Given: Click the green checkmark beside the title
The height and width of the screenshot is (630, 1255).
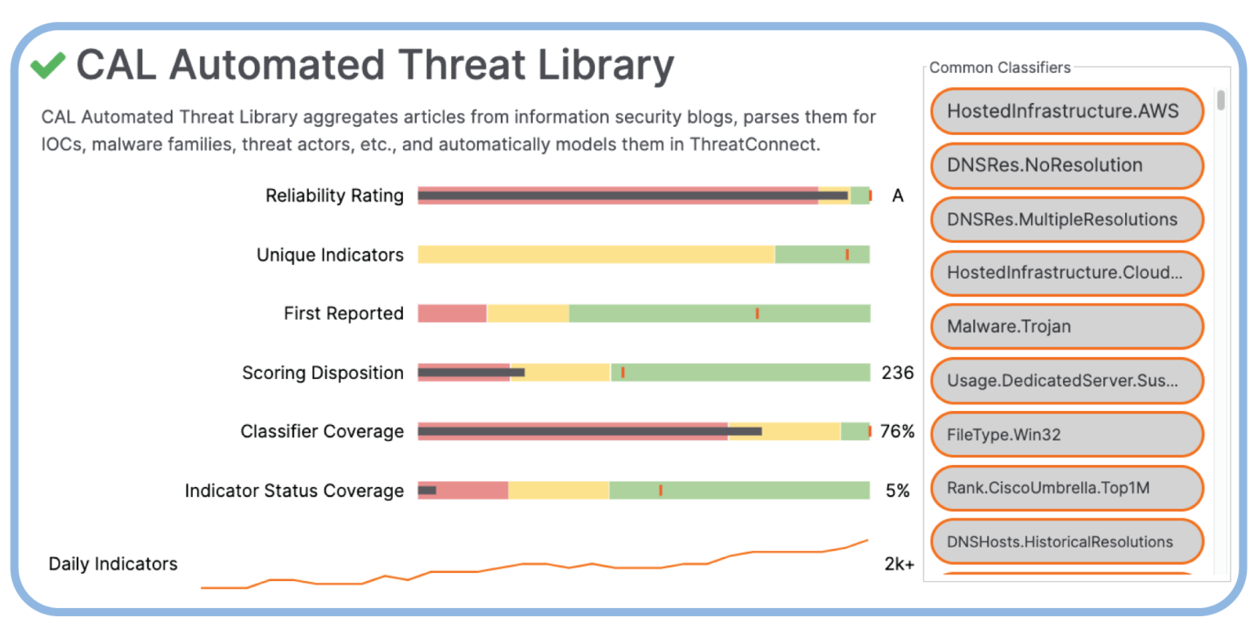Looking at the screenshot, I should point(48,65).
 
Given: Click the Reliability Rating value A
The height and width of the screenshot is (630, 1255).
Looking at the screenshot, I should point(897,196).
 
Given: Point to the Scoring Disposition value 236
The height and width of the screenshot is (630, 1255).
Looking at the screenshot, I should point(897,373).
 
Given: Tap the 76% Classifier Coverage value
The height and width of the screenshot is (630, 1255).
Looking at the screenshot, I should point(897,431).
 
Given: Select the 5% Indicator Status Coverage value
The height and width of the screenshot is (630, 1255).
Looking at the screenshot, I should point(897,490).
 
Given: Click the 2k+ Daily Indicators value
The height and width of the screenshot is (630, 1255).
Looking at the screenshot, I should point(899,564).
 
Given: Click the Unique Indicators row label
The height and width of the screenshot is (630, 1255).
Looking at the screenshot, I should point(330,255).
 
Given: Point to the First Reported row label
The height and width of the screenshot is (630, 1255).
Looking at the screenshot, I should point(343,314).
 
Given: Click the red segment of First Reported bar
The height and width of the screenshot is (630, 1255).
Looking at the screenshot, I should point(452,314).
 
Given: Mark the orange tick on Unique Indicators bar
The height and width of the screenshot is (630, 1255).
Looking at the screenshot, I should point(847,255).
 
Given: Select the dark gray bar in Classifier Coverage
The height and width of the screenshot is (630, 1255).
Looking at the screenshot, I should point(588,431).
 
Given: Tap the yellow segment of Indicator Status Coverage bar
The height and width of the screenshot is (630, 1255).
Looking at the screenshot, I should point(559,490).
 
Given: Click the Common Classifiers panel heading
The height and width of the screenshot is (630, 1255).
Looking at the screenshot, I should point(1000,68).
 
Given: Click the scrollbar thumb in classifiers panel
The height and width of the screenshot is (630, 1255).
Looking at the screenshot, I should point(1221,101).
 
